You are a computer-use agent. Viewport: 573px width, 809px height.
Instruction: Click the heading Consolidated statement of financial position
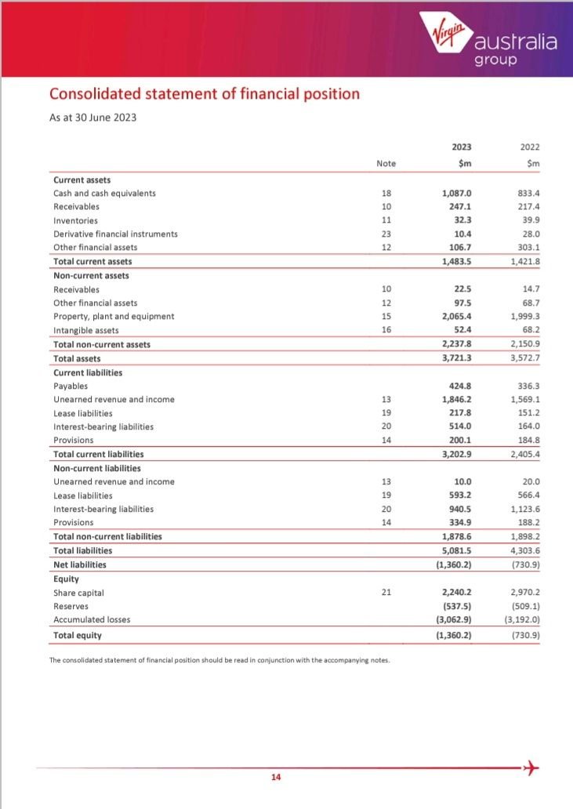205,94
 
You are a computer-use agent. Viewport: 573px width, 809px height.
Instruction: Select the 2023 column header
462,147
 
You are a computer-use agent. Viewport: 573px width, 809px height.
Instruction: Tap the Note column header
386,163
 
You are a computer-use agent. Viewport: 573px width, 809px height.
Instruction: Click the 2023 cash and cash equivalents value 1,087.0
457,193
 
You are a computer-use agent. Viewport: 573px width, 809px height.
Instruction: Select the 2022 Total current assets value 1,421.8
531,261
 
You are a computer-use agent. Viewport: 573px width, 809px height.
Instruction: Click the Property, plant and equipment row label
114,316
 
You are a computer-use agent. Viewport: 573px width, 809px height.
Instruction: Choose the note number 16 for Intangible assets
386,330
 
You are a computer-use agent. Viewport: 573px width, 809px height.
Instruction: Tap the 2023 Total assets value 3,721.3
457,357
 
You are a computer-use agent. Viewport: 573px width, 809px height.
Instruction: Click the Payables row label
71,386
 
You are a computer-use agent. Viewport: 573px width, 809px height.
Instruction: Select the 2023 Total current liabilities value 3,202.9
457,454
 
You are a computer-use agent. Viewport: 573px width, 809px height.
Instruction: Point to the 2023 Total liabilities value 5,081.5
457,550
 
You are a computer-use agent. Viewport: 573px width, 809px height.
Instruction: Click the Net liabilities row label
79,564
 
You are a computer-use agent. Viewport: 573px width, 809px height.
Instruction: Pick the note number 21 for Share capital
386,592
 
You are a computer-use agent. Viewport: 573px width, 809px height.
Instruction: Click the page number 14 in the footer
275,778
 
